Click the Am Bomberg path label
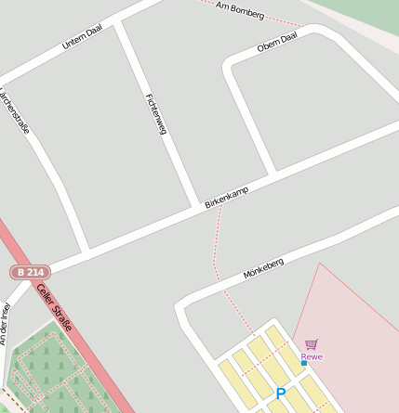coord(240,10)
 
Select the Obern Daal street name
coord(277,42)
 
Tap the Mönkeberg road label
coord(263,269)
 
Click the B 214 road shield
coord(30,272)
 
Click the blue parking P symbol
coord(281,394)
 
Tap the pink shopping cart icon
coord(311,344)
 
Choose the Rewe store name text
coord(312,356)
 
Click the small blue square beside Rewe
coord(303,363)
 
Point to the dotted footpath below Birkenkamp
coord(218,246)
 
